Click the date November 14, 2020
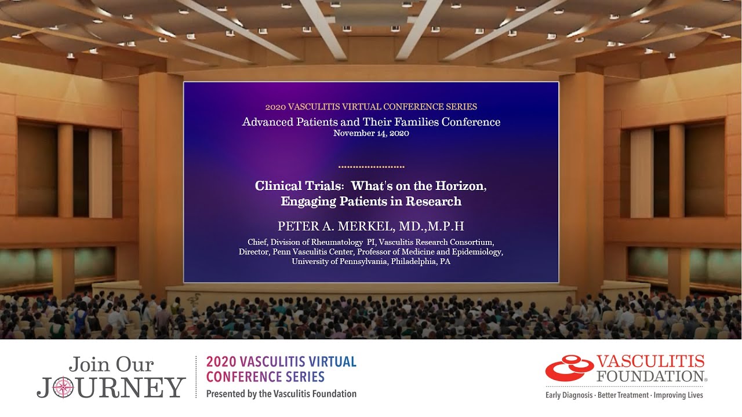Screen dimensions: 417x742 coord(371,133)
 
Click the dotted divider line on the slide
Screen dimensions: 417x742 coord(371,167)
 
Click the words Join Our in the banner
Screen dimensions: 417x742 coord(111,364)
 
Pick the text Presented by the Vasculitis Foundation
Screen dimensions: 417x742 coord(281,394)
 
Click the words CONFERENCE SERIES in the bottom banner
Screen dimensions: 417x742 coord(265,377)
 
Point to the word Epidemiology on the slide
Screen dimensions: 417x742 coord(477,251)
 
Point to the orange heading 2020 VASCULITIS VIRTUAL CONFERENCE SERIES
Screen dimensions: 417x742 coord(371,107)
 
